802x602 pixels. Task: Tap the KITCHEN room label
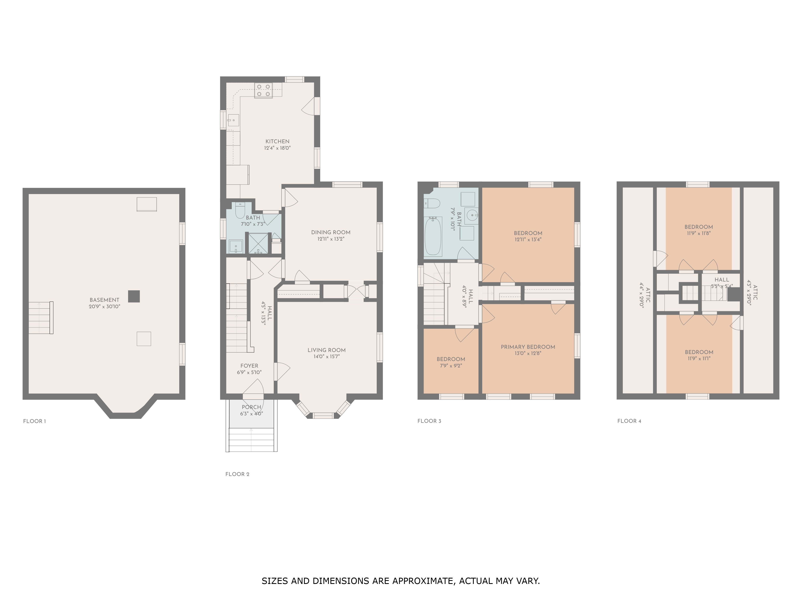click(277, 141)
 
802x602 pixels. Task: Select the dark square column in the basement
click(134, 296)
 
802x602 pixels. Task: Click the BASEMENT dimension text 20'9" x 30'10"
click(104, 307)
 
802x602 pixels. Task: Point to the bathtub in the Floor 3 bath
click(433, 236)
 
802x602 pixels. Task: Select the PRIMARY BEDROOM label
click(528, 347)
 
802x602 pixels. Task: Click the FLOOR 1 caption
click(34, 421)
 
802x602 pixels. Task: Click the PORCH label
click(251, 407)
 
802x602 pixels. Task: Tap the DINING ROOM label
click(331, 232)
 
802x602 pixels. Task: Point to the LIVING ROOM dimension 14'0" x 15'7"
click(326, 357)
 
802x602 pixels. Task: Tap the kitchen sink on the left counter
click(233, 120)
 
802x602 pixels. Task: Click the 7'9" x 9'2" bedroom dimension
click(451, 366)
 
